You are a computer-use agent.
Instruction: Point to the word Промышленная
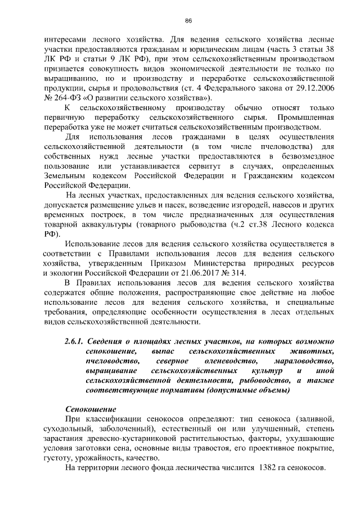pyautogui.click(x=306, y=118)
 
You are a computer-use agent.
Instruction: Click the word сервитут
pyautogui.click(x=205, y=166)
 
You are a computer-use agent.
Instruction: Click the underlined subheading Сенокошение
pyautogui.click(x=89, y=409)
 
